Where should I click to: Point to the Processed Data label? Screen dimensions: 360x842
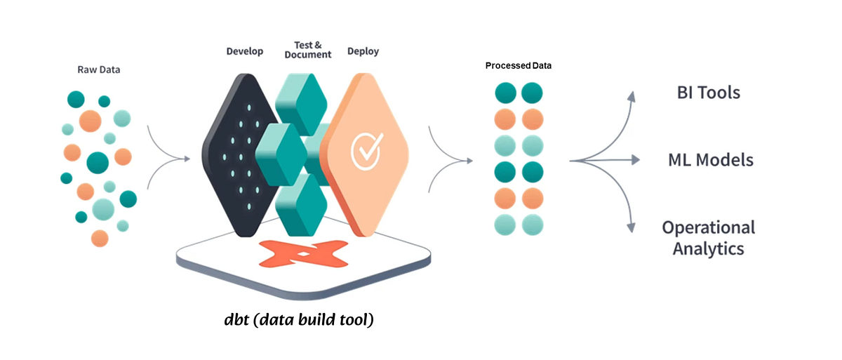click(519, 65)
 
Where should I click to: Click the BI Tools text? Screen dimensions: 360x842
click(708, 92)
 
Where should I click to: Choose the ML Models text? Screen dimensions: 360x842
click(710, 160)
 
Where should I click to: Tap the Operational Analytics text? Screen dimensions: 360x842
click(708, 238)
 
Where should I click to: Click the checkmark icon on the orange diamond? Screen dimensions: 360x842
click(366, 148)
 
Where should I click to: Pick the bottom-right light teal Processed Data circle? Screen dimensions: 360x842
click(532, 225)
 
